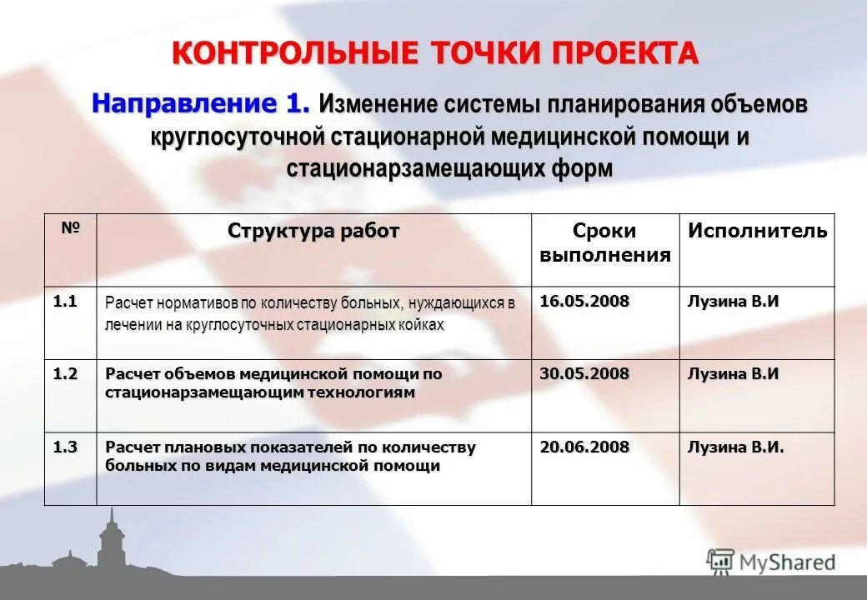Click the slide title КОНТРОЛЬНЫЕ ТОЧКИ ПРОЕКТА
[x=434, y=53]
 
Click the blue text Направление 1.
[x=201, y=104]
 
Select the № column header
[x=71, y=227]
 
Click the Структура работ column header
[x=313, y=231]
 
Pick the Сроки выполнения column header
[x=604, y=242]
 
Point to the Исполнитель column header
[x=757, y=231]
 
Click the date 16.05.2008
[x=584, y=302]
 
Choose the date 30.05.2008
[x=584, y=374]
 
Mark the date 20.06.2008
[x=584, y=447]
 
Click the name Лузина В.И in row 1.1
[x=733, y=302]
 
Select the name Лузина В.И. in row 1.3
[x=735, y=447]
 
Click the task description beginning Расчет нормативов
[x=309, y=313]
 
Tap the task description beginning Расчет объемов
[x=273, y=382]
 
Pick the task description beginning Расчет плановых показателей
[x=290, y=456]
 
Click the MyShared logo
[x=770, y=562]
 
